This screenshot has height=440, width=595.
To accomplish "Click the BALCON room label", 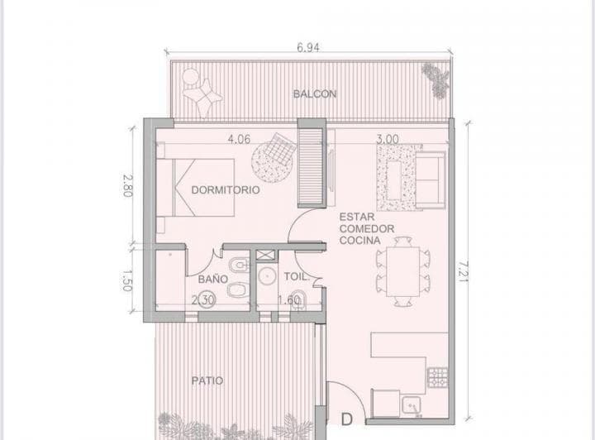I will click(314, 94).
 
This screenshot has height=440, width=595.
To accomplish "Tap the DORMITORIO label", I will click(226, 189).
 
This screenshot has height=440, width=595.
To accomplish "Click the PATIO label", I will click(207, 381).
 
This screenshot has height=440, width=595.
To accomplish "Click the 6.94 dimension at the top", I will click(307, 48).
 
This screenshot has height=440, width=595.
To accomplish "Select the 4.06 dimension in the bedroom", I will click(240, 139).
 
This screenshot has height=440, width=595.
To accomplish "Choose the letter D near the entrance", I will click(348, 420).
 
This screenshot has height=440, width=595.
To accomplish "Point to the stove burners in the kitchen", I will click(437, 380).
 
